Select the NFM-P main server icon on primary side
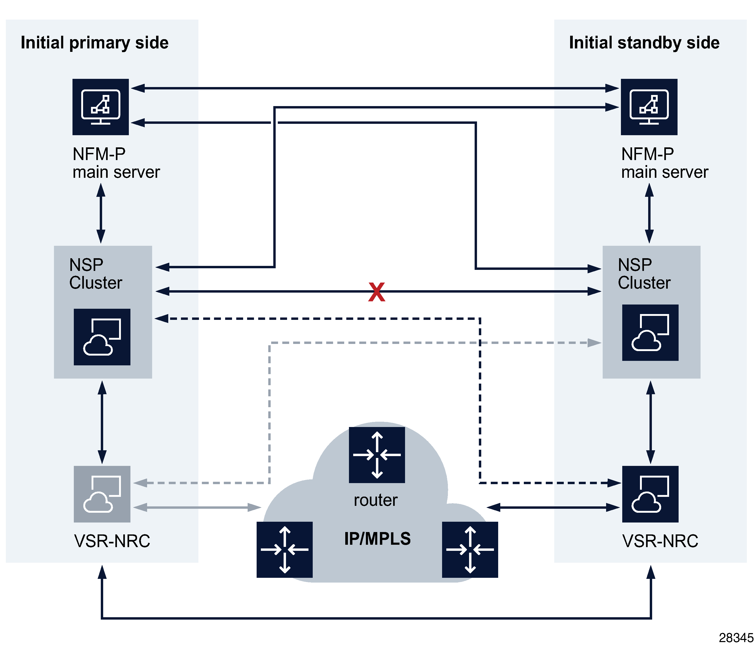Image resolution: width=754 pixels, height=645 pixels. [x=101, y=107]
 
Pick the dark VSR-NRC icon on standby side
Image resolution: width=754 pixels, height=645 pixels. [x=650, y=494]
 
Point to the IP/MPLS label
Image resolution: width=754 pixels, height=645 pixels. [x=377, y=538]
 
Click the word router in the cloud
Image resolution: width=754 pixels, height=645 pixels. [x=375, y=500]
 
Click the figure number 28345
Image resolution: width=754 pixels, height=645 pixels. [x=736, y=638]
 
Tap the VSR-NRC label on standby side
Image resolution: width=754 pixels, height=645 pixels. [x=660, y=541]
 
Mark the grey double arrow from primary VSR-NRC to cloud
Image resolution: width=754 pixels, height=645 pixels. [x=197, y=507]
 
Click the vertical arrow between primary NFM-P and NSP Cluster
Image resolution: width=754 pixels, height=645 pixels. [x=101, y=213]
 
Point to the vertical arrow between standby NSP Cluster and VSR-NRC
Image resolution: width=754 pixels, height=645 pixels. [x=650, y=422]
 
